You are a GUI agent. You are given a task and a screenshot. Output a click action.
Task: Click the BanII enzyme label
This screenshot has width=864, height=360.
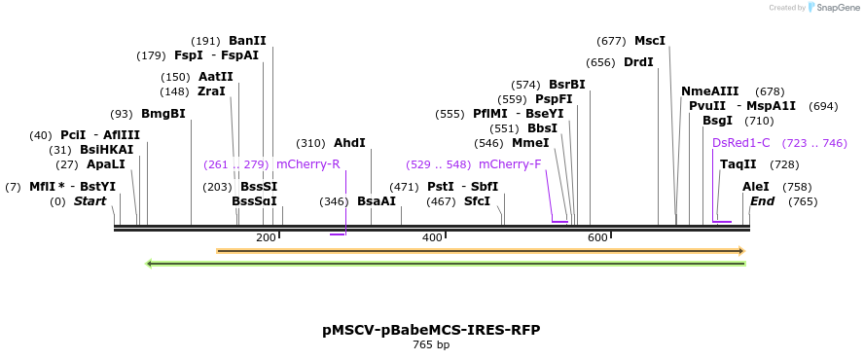click(247, 41)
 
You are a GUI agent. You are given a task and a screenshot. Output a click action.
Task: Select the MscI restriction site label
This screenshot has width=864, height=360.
click(650, 41)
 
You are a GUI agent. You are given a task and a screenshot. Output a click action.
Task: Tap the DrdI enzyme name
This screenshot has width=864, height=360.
click(638, 62)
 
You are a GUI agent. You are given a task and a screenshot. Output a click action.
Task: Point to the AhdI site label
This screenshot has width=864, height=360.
click(349, 142)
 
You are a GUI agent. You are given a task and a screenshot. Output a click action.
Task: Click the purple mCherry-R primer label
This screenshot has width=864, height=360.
click(308, 163)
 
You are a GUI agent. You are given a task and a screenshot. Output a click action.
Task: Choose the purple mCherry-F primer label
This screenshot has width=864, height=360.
click(510, 163)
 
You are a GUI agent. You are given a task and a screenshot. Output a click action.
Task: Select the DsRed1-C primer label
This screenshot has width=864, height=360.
click(741, 142)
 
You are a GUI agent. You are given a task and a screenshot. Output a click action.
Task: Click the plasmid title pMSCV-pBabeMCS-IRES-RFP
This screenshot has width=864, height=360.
click(431, 330)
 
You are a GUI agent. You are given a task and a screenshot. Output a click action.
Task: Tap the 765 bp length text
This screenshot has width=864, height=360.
click(431, 344)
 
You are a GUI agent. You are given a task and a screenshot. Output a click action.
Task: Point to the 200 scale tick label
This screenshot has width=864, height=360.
click(266, 237)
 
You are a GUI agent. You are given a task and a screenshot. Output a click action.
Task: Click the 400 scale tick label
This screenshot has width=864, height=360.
click(432, 237)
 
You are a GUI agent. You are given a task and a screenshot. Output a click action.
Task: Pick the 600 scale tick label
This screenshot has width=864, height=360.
click(597, 237)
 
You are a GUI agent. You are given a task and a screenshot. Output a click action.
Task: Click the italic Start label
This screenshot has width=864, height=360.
click(90, 201)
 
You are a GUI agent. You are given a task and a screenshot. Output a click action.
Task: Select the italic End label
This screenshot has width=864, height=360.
click(763, 201)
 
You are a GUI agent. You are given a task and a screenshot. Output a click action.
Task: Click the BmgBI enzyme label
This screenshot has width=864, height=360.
click(162, 113)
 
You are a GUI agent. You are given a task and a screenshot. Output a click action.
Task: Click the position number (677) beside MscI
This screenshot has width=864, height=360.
click(611, 41)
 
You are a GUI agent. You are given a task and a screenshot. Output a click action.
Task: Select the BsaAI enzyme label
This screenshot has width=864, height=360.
click(377, 201)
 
